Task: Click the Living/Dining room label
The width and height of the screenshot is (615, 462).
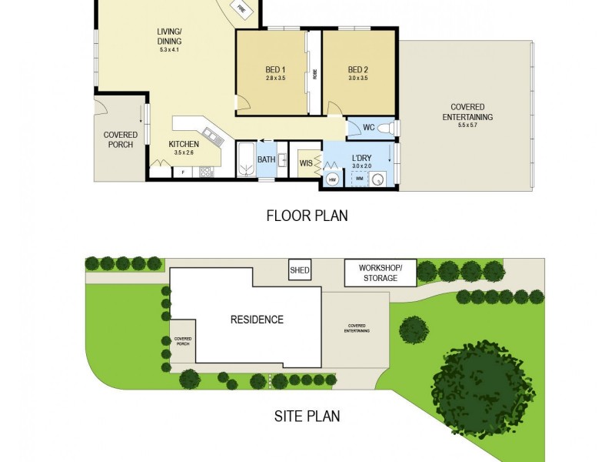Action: click(169, 36)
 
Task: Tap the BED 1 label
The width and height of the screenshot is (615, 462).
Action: click(275, 69)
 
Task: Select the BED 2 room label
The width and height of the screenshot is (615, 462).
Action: click(358, 69)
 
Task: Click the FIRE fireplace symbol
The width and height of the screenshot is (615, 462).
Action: click(241, 10)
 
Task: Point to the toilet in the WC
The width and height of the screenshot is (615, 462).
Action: click(388, 128)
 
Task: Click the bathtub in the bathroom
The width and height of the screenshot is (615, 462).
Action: click(246, 159)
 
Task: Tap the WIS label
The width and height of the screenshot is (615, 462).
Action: click(306, 162)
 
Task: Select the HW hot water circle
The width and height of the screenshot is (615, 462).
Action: click(333, 179)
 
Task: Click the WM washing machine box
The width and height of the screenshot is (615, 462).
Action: click(358, 178)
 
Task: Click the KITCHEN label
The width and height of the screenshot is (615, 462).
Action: click(184, 144)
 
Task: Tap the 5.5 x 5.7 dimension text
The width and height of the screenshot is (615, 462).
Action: click(472, 126)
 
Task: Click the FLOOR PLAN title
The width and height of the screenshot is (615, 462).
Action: click(307, 216)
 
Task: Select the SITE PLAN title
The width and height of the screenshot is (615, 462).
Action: click(307, 417)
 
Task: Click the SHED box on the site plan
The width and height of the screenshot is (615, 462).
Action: click(299, 270)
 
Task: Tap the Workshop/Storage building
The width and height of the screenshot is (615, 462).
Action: click(380, 273)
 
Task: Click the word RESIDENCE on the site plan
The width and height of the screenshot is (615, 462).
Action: click(257, 320)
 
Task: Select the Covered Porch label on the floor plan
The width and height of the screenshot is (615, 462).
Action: click(119, 139)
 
